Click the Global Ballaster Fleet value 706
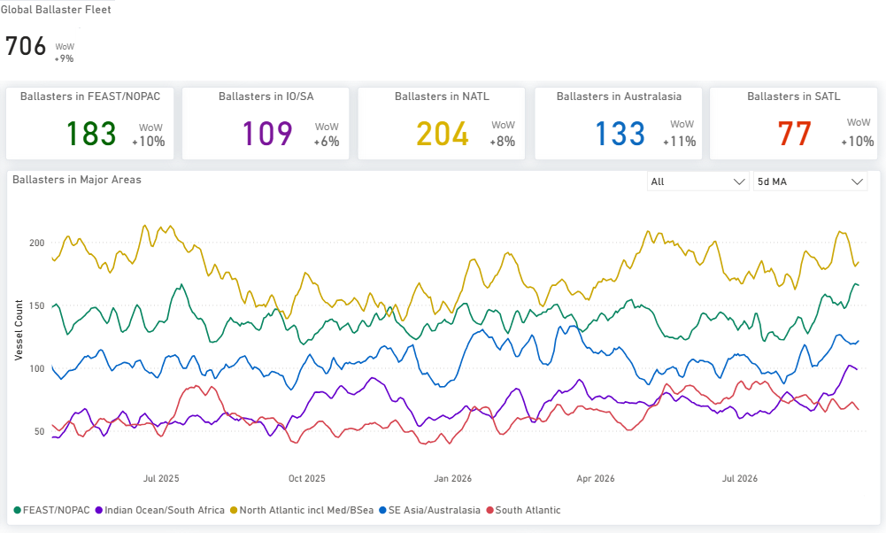point(26,46)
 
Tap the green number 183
point(91,134)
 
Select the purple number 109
point(267,134)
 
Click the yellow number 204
point(443,134)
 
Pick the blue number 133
point(620,134)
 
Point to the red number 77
point(795,134)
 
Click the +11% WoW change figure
point(679,142)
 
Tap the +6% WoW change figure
point(327,142)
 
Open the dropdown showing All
point(697,182)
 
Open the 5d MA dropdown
point(810,182)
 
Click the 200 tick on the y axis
point(36,243)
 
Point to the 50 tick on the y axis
point(39,431)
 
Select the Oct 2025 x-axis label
point(307,478)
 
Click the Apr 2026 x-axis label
point(596,478)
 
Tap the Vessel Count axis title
point(19,330)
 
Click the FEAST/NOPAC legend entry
point(51,510)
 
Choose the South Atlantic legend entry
point(524,510)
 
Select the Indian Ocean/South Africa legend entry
point(160,510)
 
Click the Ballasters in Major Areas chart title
point(77,180)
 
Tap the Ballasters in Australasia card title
point(619,97)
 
